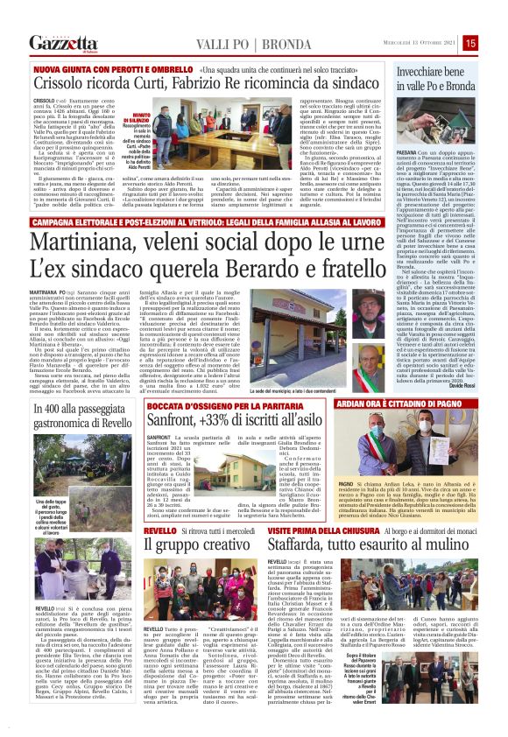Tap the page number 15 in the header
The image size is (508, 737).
(494, 42)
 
